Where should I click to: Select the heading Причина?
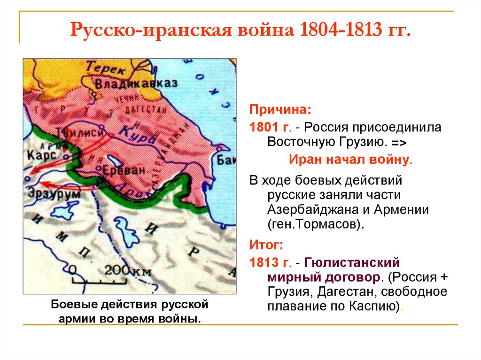[279, 110]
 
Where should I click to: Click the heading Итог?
[266, 245]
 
